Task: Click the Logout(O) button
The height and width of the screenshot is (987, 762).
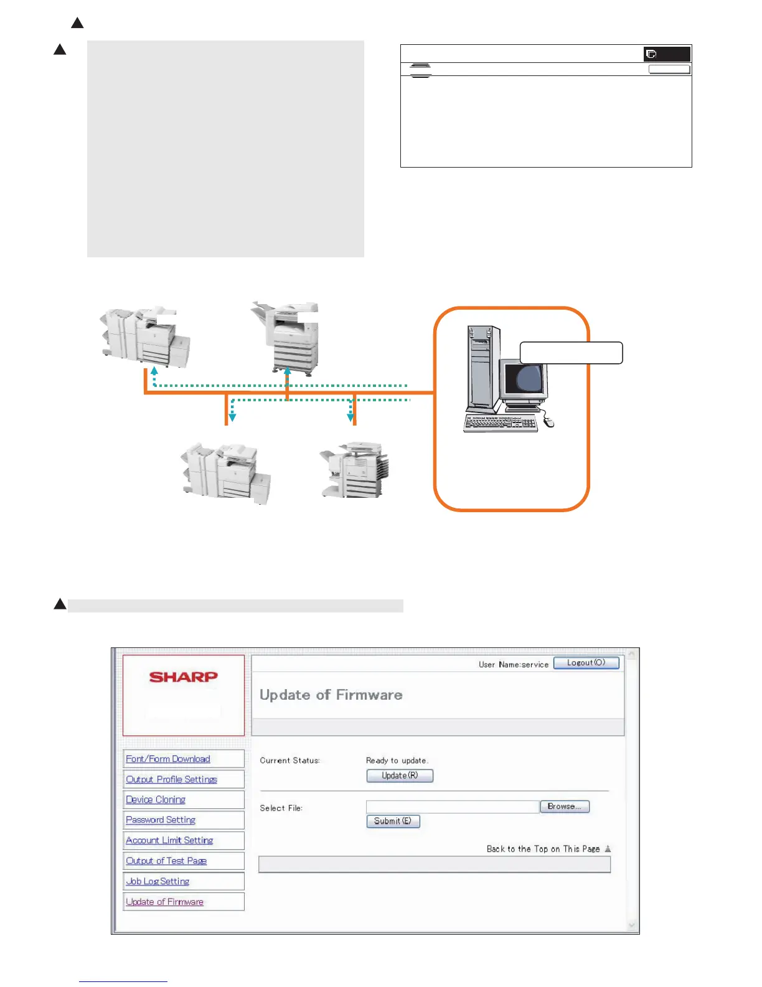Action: (586, 663)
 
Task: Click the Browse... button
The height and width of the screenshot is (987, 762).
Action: (564, 806)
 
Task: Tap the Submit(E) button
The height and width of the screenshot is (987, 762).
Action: (393, 821)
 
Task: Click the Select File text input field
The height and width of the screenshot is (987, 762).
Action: (452, 807)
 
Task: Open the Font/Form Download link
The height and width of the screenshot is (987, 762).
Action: (168, 759)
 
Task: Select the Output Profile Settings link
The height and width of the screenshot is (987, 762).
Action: (171, 780)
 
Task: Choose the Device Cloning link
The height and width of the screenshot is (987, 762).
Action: (156, 800)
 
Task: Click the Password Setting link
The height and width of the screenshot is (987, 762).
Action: (161, 820)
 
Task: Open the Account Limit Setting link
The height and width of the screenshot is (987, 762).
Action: (169, 841)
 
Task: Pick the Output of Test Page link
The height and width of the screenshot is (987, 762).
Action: (166, 861)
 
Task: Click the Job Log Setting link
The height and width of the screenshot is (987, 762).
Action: (158, 882)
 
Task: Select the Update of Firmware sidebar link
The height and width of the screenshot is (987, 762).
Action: (164, 902)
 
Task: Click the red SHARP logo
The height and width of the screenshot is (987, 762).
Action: (184, 677)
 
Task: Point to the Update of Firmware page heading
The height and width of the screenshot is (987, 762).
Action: (331, 695)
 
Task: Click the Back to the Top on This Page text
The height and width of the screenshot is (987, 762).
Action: (543, 849)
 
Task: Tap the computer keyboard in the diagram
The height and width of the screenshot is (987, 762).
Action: (500, 423)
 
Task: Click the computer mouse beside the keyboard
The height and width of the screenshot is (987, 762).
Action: (548, 422)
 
